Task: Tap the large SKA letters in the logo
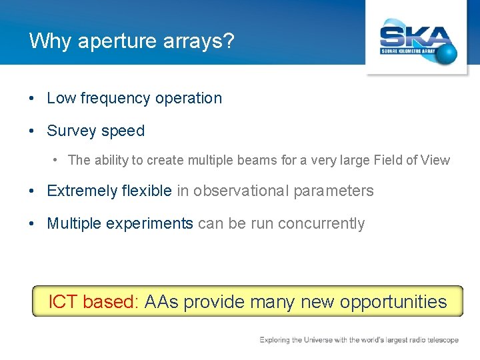[414, 36]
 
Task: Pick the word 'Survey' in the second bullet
[69, 131]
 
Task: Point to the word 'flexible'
[147, 191]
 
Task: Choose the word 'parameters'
[334, 191]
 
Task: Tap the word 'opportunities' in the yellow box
[393, 302]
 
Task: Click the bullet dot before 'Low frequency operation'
[32, 99]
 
